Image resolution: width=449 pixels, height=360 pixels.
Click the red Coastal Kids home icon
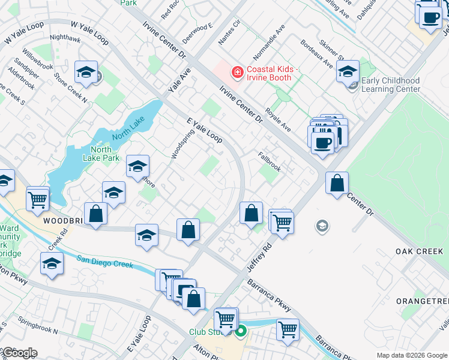tap(238, 73)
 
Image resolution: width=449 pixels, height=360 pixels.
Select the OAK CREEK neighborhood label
tap(419, 251)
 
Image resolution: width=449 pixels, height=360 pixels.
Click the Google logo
tap(19, 353)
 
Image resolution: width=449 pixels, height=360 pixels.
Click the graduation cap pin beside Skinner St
tap(348, 71)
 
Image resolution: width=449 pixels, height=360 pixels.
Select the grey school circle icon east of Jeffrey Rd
tap(322, 226)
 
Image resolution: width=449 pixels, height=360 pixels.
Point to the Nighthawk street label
tap(65, 37)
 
